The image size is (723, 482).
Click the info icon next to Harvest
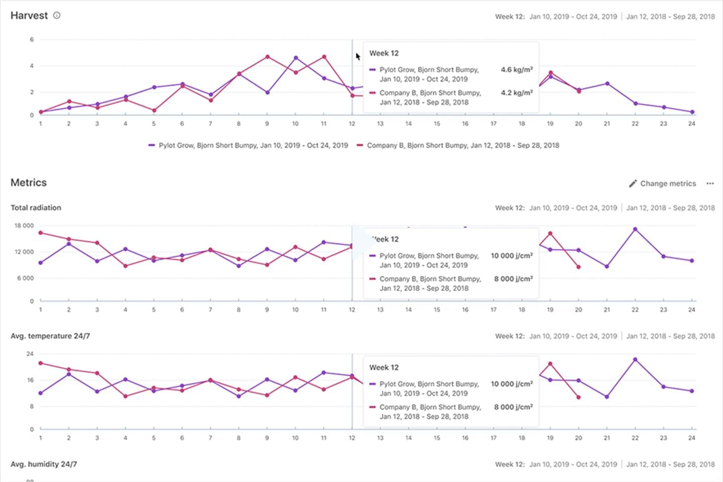point(57,15)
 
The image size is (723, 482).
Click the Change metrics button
point(662,183)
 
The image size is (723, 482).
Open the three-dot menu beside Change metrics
point(710,183)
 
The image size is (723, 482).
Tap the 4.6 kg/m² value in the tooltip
point(516,70)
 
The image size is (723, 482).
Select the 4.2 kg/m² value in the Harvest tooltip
point(516,93)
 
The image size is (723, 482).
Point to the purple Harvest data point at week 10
point(296,58)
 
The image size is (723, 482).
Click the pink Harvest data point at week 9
point(268,57)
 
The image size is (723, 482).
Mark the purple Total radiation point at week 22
point(635,229)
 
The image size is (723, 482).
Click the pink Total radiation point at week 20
point(578,267)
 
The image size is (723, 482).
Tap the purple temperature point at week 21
point(607,397)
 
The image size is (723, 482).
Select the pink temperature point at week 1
point(41,363)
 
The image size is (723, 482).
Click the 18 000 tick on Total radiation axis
point(24,226)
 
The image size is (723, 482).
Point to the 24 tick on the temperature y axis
point(30,354)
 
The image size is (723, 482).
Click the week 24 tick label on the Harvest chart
point(691,124)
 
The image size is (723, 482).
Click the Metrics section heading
point(29,182)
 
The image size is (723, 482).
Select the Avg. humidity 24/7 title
point(44,464)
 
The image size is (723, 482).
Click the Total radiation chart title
point(36,208)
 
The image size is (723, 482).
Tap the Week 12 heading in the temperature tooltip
point(384,367)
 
